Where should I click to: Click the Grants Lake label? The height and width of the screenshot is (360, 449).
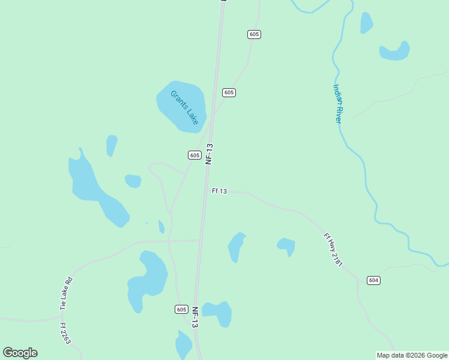pos(184,107)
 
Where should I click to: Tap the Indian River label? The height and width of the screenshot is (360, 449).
pos(337,104)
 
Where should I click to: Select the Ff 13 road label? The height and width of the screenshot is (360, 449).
pos(219,191)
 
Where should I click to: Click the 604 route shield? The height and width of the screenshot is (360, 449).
pos(373,280)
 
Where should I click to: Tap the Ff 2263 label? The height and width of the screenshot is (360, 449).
pos(65,334)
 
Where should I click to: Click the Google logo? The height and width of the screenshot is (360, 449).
pos(20,353)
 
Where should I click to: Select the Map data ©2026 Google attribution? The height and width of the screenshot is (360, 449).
pos(412,355)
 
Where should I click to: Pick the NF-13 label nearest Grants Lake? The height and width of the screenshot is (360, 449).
pos(209,154)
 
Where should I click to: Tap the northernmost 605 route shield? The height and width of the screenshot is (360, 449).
pos(254,34)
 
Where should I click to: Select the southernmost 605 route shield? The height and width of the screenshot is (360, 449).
pos(182,309)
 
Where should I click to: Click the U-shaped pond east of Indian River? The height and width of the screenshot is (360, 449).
pos(394,53)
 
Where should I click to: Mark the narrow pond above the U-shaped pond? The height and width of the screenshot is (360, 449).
pos(366,23)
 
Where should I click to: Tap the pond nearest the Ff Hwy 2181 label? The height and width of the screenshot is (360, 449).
pos(286,245)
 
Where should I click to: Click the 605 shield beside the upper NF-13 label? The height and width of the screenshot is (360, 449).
pos(194,155)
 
